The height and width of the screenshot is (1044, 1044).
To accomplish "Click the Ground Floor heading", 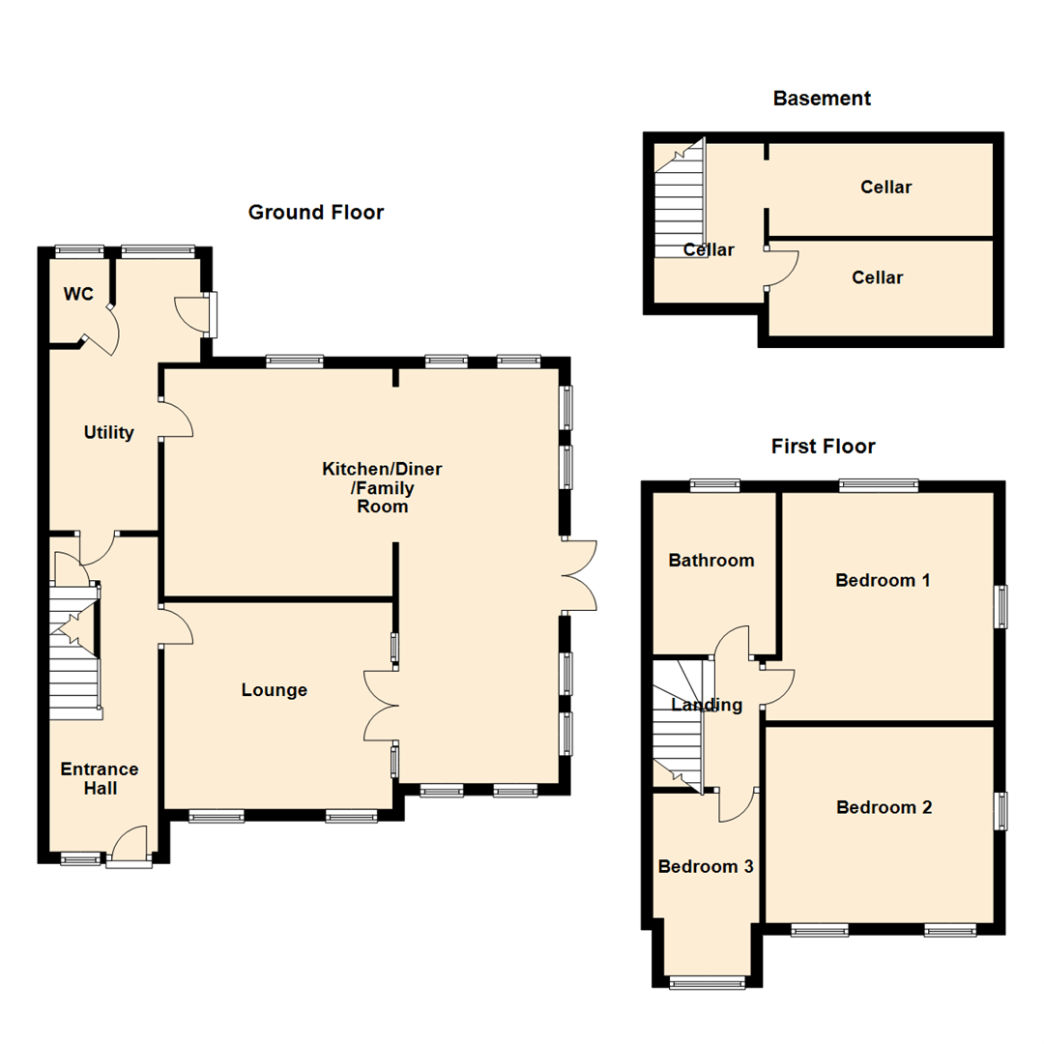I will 316,213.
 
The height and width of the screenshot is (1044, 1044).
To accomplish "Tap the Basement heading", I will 822,99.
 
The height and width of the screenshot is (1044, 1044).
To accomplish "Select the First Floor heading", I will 823,447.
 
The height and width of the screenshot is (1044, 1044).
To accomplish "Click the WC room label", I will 79,294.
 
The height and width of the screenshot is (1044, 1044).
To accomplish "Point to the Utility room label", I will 108,433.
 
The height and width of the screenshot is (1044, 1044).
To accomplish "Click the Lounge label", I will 275,690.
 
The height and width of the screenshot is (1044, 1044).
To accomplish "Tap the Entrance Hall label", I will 100,779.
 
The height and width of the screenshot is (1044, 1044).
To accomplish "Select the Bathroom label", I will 711,561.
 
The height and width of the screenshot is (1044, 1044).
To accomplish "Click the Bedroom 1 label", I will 883,581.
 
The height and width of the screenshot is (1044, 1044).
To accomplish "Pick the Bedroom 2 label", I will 884,808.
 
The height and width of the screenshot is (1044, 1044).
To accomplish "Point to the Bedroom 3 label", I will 706,867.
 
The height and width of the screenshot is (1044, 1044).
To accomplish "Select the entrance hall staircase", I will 75,657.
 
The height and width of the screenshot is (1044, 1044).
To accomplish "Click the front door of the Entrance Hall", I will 130,851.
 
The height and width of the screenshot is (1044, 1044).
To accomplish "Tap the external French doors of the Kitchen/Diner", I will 578,575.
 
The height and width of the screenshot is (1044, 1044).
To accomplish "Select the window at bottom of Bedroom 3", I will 709,983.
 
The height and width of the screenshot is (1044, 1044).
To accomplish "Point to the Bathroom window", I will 714,486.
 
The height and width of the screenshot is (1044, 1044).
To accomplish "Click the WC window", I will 79,250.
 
